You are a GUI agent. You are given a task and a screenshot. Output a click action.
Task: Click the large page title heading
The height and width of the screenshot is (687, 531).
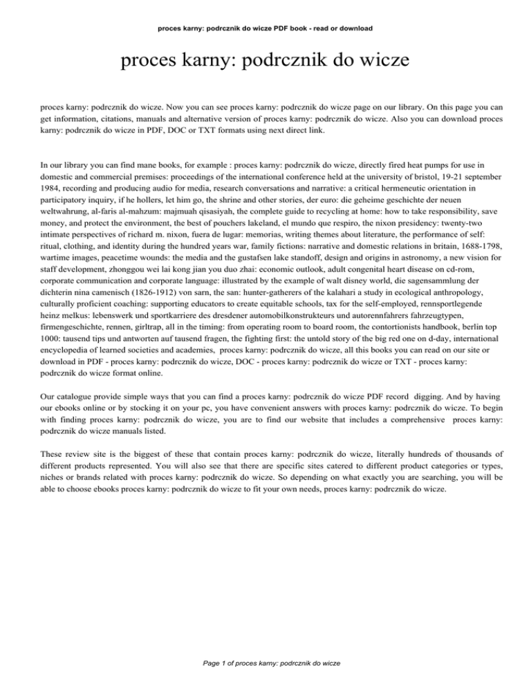[265, 65]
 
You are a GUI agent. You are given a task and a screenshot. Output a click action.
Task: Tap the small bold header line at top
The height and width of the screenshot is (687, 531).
[265, 28]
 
